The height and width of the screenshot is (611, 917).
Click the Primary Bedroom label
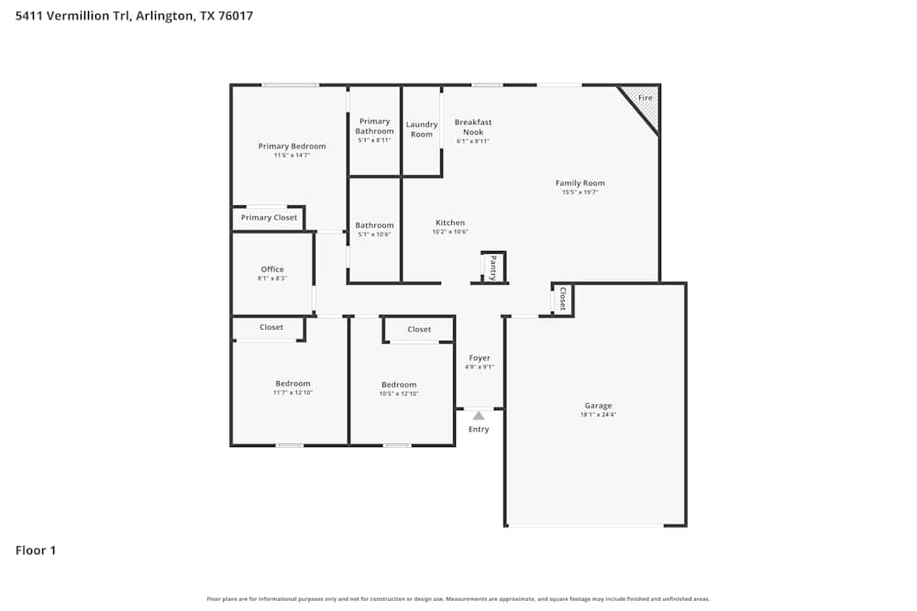(x=292, y=147)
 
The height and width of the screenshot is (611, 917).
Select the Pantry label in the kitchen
(x=492, y=267)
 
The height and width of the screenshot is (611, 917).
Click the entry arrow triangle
(x=479, y=415)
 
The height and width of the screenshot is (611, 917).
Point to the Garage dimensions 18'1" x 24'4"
(x=598, y=415)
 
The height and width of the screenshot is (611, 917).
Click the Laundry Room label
(x=422, y=129)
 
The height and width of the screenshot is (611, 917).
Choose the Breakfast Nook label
(x=473, y=127)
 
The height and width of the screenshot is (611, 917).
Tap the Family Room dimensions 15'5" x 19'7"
(x=580, y=192)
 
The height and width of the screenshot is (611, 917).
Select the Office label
(x=272, y=269)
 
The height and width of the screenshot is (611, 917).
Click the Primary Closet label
(x=269, y=218)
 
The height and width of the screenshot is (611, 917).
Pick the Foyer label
(x=480, y=358)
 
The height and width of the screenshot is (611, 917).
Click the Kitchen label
(x=450, y=223)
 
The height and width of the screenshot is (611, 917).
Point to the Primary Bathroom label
(x=374, y=126)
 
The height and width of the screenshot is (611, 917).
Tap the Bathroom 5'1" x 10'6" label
(x=374, y=225)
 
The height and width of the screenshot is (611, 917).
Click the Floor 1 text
(x=36, y=551)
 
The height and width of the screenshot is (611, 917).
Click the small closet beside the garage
(x=562, y=300)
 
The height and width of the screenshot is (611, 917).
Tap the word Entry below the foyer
(x=479, y=429)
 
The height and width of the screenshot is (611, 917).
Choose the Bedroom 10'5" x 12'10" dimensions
(x=399, y=394)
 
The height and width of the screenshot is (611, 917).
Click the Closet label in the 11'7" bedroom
(x=271, y=327)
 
